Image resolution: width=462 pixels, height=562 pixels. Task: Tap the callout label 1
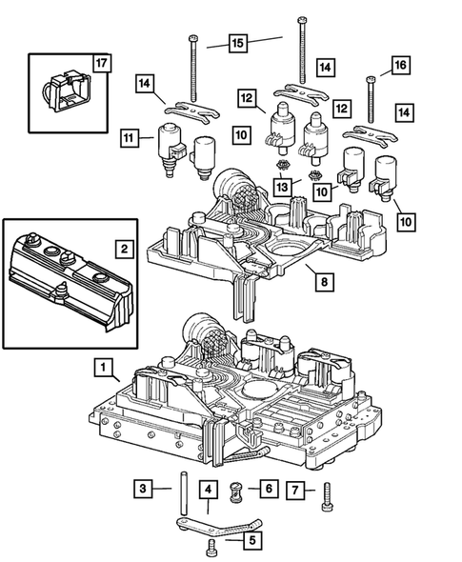point(102,366)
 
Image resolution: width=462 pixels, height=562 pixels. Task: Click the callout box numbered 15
point(237,43)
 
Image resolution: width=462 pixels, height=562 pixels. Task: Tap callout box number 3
point(141,489)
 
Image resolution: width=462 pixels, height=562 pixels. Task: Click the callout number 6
point(269,489)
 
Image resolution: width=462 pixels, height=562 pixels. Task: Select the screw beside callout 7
point(327,494)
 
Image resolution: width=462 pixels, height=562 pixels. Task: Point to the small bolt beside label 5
point(212,546)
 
